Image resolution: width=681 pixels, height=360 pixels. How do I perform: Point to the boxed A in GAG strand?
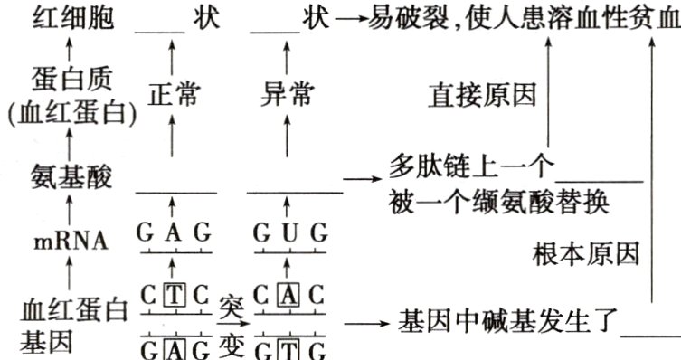click(175, 347)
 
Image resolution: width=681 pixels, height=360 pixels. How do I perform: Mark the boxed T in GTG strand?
click(288, 347)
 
